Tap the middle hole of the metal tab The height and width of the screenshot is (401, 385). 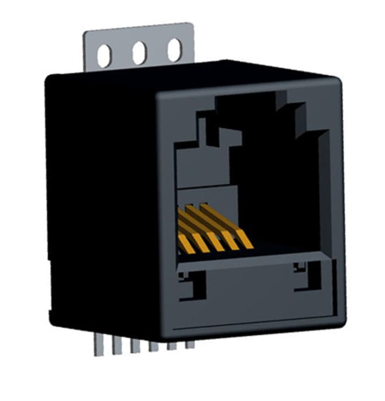pyautogui.click(x=139, y=53)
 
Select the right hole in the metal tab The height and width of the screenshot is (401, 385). pyautogui.click(x=174, y=50)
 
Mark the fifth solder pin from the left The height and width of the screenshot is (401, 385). pyautogui.click(x=172, y=345)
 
